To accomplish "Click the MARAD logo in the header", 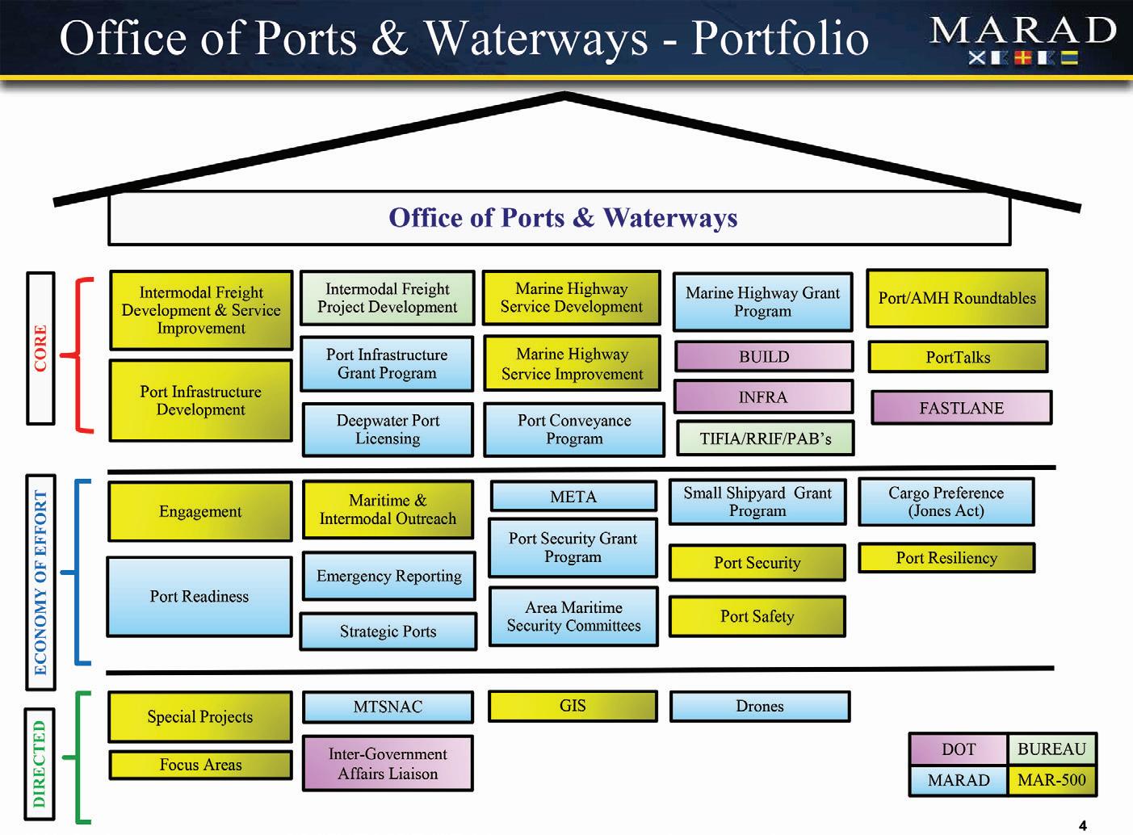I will (1023, 40).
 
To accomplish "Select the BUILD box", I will (763, 356).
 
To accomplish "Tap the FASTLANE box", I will (961, 408).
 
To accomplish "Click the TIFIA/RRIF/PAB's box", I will (765, 438).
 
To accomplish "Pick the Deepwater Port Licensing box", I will (388, 430).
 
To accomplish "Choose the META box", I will (573, 497).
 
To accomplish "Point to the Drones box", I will (760, 706).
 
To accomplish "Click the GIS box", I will (573, 706).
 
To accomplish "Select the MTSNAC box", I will (388, 707).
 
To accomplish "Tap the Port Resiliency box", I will (946, 558).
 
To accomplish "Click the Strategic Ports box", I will (388, 631).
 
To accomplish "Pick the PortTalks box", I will (958, 357).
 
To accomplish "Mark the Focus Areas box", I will (200, 765).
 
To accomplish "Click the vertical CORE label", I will (40, 348).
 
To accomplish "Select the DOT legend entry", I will (959, 749).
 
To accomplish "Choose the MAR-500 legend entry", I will (1051, 780).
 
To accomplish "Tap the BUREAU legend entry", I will (1051, 749).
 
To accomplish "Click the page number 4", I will (1083, 825).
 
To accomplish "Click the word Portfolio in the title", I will (780, 38).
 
